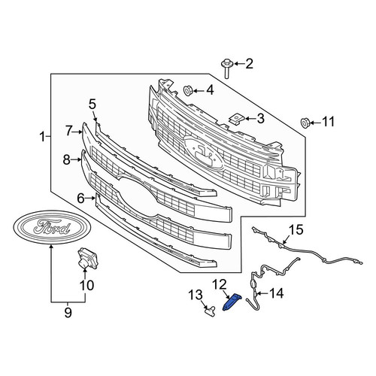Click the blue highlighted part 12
tap(232, 302)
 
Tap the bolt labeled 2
tap(226, 68)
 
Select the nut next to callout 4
tap(188, 90)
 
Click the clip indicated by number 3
tap(237, 118)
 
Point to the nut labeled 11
tap(305, 123)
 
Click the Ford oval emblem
tap(52, 227)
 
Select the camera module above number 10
tap(87, 258)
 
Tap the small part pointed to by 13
tap(210, 311)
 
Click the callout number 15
tap(296, 230)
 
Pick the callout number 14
tap(276, 293)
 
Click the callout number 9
tap(68, 313)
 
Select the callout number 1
tap(43, 137)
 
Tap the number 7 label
tap(69, 131)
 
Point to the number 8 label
tap(67, 159)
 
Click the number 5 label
tap(92, 105)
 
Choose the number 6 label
tap(81, 199)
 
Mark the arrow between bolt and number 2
tap(239, 64)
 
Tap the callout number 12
tap(220, 284)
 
